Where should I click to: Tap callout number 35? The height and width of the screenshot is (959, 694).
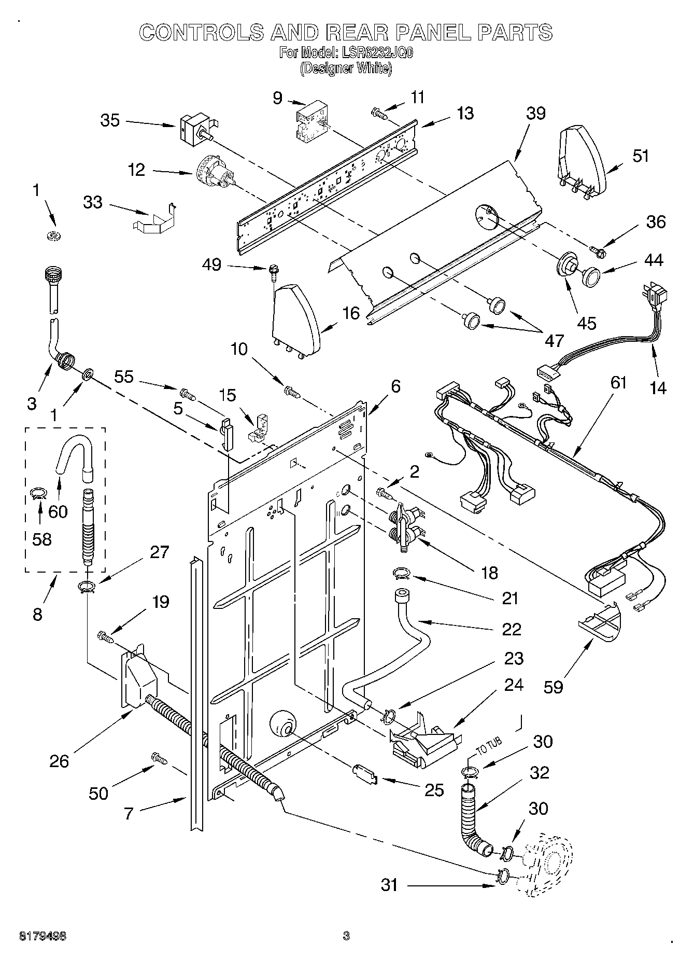(x=110, y=120)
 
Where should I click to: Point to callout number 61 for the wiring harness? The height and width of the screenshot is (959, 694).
(x=618, y=383)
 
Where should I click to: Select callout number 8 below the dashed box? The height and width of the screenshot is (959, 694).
(x=37, y=615)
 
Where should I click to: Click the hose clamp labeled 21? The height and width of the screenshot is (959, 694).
(x=402, y=573)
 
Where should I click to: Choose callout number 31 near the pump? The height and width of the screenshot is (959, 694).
(x=389, y=884)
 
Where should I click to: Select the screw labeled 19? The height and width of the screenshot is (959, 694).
(x=106, y=636)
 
